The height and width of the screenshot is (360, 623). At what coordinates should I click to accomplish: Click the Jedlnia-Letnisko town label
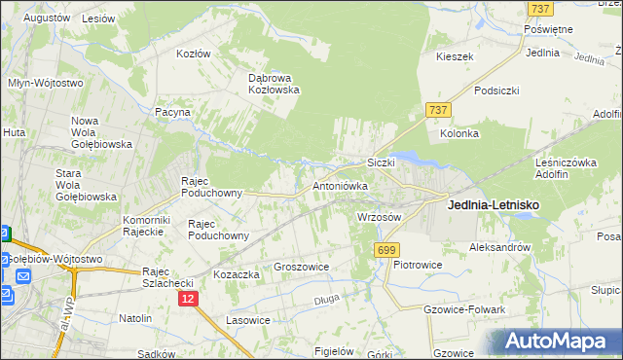click(x=493, y=205)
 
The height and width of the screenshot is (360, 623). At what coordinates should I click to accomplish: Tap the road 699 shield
click(x=386, y=250)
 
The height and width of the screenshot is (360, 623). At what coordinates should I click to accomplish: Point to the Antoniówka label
click(x=339, y=185)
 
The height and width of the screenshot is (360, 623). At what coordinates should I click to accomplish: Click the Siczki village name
click(x=380, y=162)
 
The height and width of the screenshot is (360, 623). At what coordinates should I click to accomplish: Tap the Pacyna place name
click(x=172, y=113)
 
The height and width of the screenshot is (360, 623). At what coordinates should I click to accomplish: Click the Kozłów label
click(x=193, y=54)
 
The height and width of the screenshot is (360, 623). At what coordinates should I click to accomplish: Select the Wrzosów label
click(x=380, y=217)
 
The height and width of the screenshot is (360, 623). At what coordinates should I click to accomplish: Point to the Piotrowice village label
click(x=419, y=265)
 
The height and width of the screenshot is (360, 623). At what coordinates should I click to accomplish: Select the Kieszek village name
click(x=455, y=56)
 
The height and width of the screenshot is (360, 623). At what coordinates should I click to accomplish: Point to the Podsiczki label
click(x=496, y=90)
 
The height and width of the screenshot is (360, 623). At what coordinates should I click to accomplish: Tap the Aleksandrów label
click(x=499, y=247)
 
